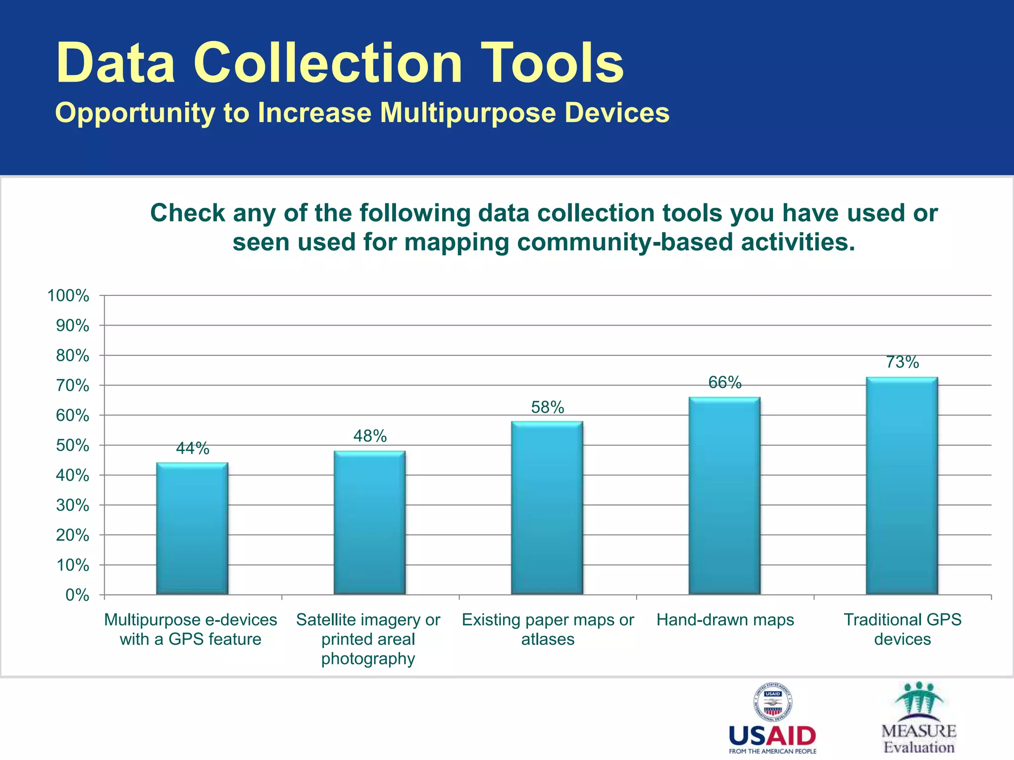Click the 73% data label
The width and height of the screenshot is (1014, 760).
point(902,362)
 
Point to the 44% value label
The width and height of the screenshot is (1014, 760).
point(193,448)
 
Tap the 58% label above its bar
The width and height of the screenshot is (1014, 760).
point(548,407)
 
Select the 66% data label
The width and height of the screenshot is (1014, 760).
point(725,382)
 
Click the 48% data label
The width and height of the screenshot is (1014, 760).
point(370,436)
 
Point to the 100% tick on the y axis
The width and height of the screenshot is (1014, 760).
point(68,296)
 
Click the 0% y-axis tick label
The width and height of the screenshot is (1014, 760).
point(77,595)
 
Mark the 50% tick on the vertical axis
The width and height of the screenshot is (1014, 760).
point(72,445)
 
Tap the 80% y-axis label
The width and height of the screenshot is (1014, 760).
point(72,356)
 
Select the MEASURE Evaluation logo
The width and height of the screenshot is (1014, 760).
point(919,717)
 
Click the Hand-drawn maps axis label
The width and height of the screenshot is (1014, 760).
point(725,620)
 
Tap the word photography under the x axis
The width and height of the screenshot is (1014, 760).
point(368,659)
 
